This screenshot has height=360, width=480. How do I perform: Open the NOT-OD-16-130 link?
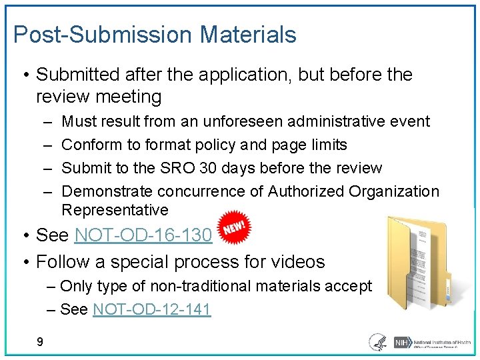(143, 235)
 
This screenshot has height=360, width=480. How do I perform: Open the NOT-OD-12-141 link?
(152, 309)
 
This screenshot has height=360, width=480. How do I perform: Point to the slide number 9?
(40, 342)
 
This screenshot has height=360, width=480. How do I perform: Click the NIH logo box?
(402, 342)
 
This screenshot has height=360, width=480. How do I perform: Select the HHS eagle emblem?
(377, 342)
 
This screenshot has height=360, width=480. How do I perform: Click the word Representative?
(115, 210)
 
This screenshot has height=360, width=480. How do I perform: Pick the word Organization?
(394, 192)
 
